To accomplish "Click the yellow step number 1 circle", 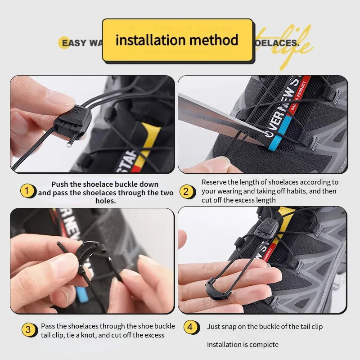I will [x=27, y=191].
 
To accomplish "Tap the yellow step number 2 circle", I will [x=186, y=191].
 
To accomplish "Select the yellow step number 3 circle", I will [x=28, y=330].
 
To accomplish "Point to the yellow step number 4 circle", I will [x=190, y=327].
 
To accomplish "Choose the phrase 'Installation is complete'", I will [x=243, y=345].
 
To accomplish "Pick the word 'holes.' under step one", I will [x=106, y=201].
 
